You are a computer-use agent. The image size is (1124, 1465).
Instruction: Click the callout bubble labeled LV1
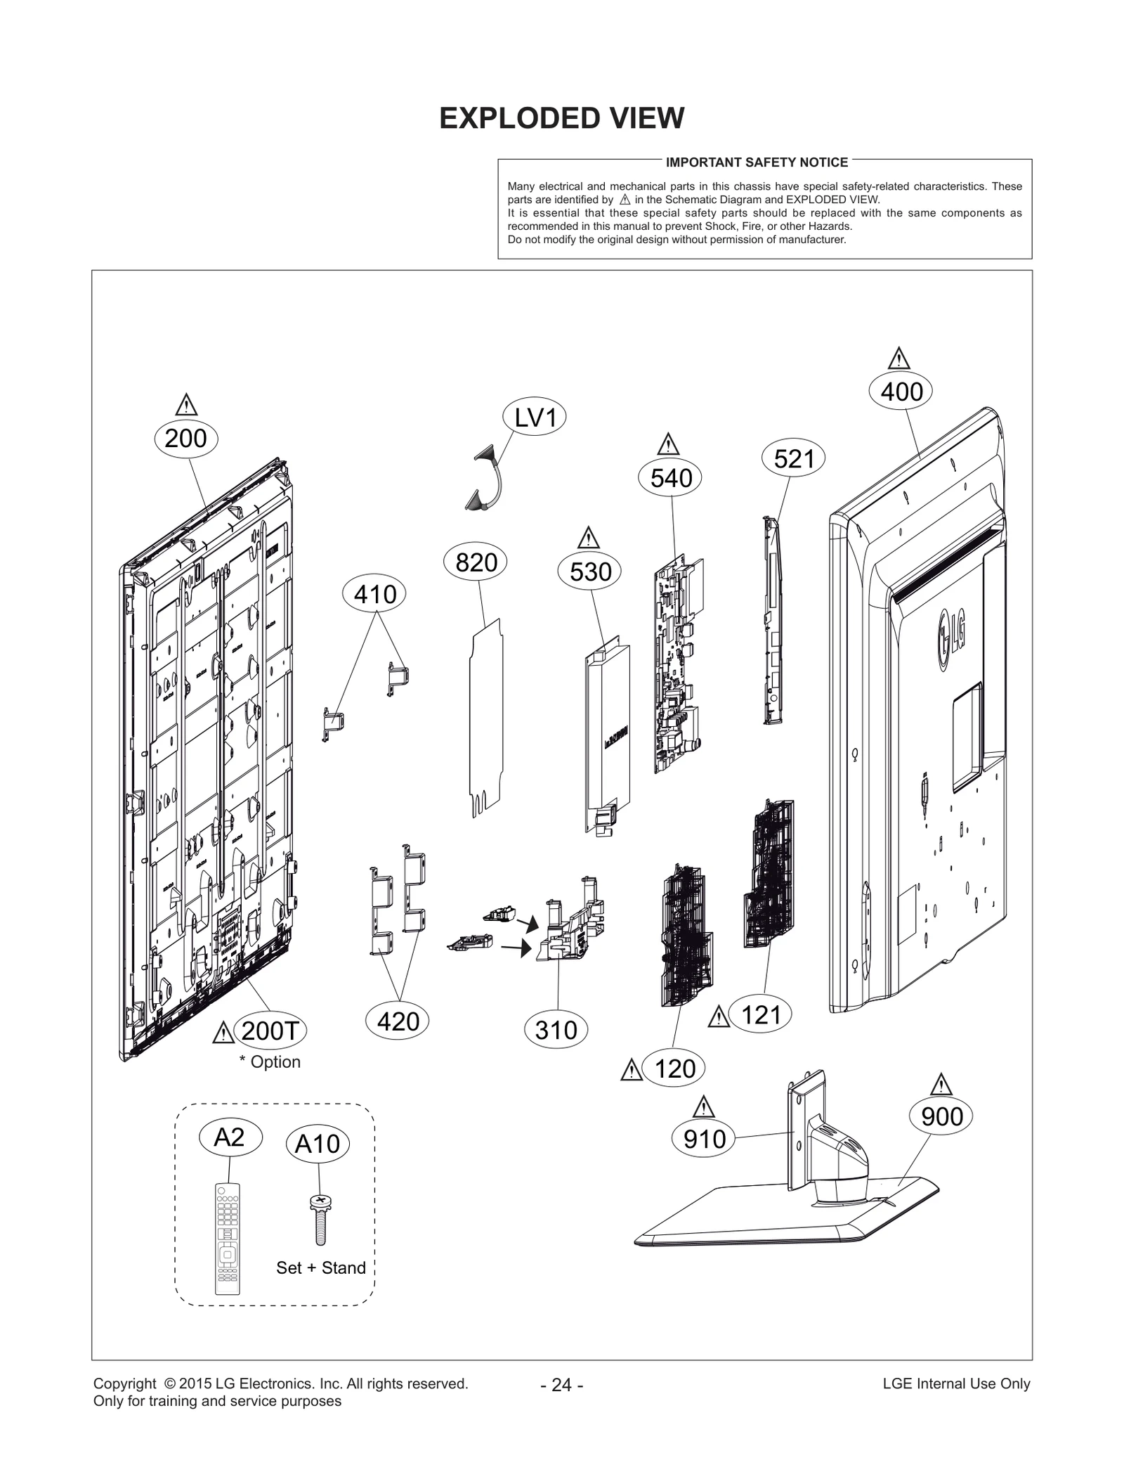coord(535,418)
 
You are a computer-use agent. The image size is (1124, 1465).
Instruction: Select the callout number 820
coord(476,562)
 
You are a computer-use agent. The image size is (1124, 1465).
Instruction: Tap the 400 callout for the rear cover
coord(901,392)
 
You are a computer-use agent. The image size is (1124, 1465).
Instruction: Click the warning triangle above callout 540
coord(668,445)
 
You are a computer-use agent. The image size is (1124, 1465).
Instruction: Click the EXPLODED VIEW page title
coord(561,118)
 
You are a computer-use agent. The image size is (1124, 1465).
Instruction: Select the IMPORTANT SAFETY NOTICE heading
coord(757,162)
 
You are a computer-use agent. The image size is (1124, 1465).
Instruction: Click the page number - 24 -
coord(561,1384)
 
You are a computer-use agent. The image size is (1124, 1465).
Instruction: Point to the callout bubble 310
coord(556,1030)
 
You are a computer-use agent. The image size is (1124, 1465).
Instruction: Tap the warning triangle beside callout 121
coord(719,1017)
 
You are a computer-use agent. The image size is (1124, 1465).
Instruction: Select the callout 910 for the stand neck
coord(704,1139)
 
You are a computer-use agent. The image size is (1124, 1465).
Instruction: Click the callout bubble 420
coord(398,1021)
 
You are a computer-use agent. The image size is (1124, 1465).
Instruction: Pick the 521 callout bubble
coord(793,459)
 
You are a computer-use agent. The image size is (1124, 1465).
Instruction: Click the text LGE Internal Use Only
coord(956,1383)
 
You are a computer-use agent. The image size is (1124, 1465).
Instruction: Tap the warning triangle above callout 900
coord(941,1085)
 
